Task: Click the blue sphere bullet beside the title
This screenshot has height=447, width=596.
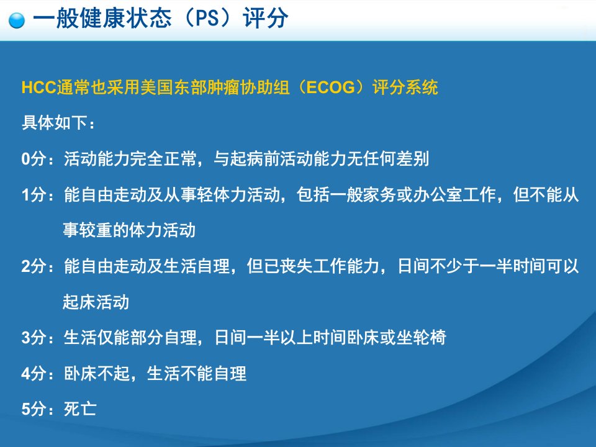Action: [x=16, y=20]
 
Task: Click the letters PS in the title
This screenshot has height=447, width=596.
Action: [x=207, y=18]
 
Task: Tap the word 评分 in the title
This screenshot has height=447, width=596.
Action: [x=266, y=18]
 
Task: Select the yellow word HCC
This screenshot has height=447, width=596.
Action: [x=38, y=88]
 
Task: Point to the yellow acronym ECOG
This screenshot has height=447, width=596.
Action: [x=330, y=88]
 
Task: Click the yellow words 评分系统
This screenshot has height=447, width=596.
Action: [x=405, y=88]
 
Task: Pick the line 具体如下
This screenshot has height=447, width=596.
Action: [x=58, y=123]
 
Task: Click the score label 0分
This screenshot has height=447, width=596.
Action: [x=37, y=158]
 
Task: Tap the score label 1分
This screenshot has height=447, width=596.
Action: [x=37, y=194]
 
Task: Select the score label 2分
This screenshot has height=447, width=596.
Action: [x=37, y=266]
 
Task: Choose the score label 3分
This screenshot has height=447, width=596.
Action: [x=37, y=338]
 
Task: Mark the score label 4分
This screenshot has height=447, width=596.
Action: [x=37, y=374]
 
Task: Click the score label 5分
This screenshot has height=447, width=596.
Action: [x=37, y=409]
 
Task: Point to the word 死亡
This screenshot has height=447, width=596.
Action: [x=80, y=409]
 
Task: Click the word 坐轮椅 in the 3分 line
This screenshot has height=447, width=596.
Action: [x=421, y=338]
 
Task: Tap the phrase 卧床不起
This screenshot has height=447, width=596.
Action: [x=97, y=374]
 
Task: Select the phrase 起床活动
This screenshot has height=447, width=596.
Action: [x=96, y=302]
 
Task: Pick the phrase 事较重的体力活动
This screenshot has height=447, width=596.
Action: [x=129, y=230]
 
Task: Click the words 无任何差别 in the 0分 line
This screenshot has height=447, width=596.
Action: [x=387, y=158]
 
